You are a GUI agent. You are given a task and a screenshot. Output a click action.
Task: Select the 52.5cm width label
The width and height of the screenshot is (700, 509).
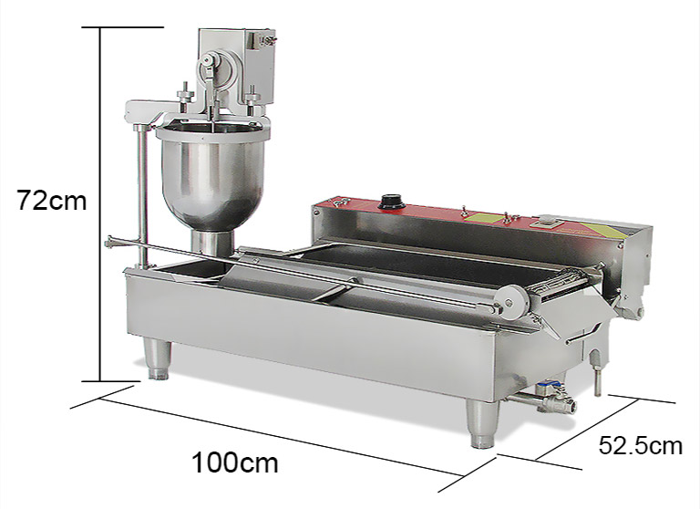(640, 445)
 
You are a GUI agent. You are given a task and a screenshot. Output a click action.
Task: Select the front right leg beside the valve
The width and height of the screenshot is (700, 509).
(480, 425)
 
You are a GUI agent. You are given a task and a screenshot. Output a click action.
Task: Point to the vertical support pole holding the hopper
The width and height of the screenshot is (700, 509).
(141, 196)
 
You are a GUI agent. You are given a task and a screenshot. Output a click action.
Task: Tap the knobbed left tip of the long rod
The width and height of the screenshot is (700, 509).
(109, 241)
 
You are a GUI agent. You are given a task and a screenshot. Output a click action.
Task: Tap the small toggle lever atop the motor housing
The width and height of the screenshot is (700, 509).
(266, 37)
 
